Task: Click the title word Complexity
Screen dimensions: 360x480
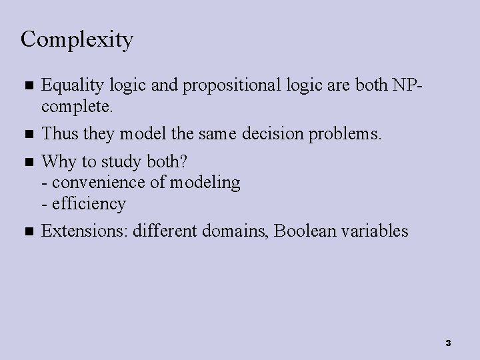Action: [x=77, y=40]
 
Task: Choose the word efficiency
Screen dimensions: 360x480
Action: [x=87, y=203]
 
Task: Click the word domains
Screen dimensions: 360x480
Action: [x=235, y=231]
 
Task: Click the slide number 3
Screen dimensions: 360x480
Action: [x=448, y=343]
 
